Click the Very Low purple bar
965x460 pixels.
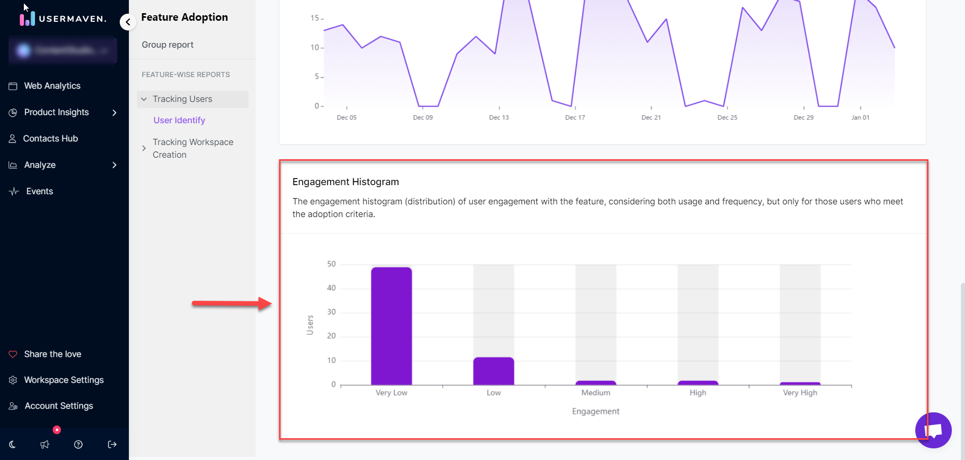click(391, 326)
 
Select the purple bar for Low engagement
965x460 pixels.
click(493, 371)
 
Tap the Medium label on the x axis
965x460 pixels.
click(596, 393)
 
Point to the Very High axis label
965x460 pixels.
click(800, 393)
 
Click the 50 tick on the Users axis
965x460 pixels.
click(331, 264)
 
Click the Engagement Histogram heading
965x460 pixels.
click(346, 182)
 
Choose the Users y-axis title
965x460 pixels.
click(310, 325)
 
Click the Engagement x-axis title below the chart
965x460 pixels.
click(596, 411)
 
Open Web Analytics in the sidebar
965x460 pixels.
click(52, 86)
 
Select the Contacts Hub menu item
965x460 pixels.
click(50, 138)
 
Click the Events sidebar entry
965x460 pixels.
click(40, 191)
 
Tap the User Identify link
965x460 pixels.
click(179, 120)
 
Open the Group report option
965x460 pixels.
click(167, 45)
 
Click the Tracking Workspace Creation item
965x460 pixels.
click(193, 148)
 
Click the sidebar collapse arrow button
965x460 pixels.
click(128, 22)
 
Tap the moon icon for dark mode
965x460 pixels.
click(13, 444)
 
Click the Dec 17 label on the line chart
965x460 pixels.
click(575, 117)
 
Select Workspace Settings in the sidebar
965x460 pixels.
click(64, 380)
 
